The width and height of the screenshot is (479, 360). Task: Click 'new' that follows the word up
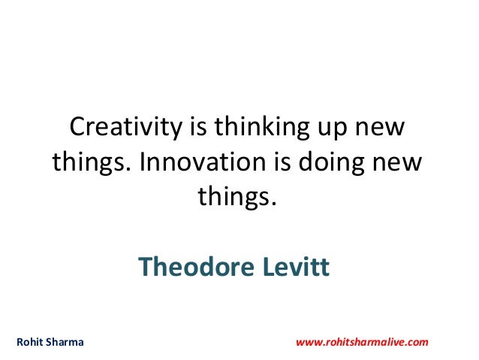385,129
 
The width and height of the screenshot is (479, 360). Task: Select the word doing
330,164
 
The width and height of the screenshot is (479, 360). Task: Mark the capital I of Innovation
143,162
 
